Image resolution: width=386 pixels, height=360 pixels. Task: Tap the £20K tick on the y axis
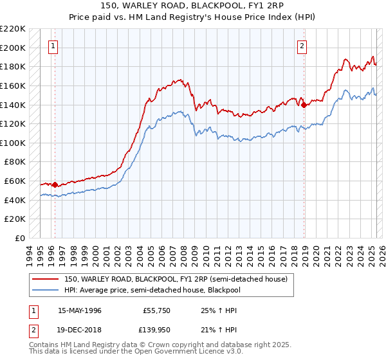15,219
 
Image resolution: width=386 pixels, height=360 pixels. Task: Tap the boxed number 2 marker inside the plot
302,46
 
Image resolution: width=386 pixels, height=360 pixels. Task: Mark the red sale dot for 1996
55,184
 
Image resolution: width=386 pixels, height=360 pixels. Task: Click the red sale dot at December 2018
304,105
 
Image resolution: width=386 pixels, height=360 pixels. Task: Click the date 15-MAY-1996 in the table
80,310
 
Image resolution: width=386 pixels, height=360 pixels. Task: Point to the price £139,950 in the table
155,330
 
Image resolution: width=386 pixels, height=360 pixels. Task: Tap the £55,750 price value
155,310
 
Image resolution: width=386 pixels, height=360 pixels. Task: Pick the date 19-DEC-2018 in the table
80,330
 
